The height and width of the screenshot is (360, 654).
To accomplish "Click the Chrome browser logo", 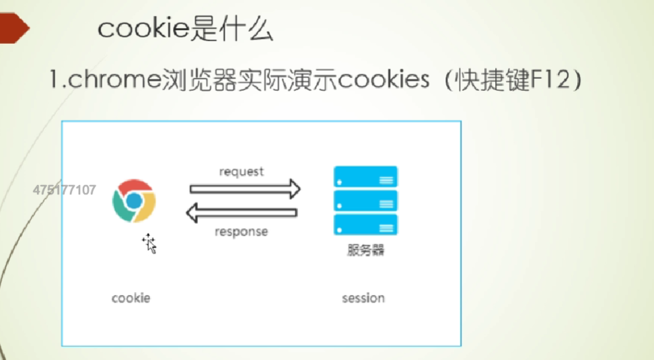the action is click(134, 201).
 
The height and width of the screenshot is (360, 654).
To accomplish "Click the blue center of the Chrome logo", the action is click(134, 201).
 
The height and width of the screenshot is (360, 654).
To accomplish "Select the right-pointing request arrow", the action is click(245, 189).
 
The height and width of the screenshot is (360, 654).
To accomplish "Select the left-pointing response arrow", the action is click(242, 213).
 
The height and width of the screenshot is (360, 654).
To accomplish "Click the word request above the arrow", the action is click(242, 172).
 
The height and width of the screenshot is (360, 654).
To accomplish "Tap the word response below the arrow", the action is click(242, 231).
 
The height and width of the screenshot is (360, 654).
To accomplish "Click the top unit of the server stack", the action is click(365, 176).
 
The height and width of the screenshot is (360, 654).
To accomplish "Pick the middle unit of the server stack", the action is click(365, 201).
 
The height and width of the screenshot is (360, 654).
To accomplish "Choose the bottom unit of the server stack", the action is click(365, 225).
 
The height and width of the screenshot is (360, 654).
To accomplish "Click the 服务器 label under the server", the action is click(366, 250).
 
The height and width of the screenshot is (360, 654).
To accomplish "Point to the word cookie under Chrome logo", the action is click(131, 298).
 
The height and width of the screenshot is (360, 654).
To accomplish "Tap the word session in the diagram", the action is click(363, 298).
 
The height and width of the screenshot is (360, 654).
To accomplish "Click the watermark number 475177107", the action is click(65, 190).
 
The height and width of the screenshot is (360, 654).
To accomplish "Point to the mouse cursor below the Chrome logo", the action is click(149, 244).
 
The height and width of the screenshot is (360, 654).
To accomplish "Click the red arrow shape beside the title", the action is click(15, 28).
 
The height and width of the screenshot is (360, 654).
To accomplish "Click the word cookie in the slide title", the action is click(144, 28).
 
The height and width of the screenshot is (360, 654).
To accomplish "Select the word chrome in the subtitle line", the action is click(114, 79).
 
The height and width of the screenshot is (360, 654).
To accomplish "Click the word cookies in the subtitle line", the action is click(384, 79).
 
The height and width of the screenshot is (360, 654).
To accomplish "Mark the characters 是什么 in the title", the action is click(232, 29).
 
